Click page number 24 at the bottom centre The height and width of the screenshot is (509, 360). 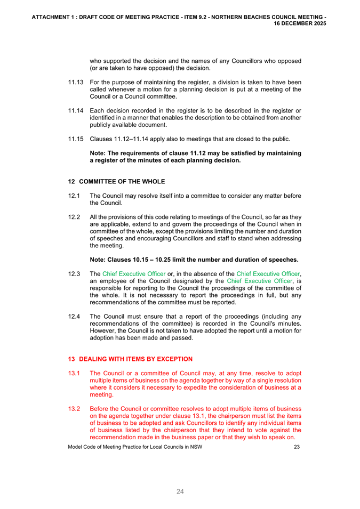pyautogui.click(x=180, y=492)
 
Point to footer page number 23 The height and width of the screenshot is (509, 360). pyautogui.click(x=297, y=447)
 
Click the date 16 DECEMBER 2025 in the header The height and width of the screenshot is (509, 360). pyautogui.click(x=300, y=24)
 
